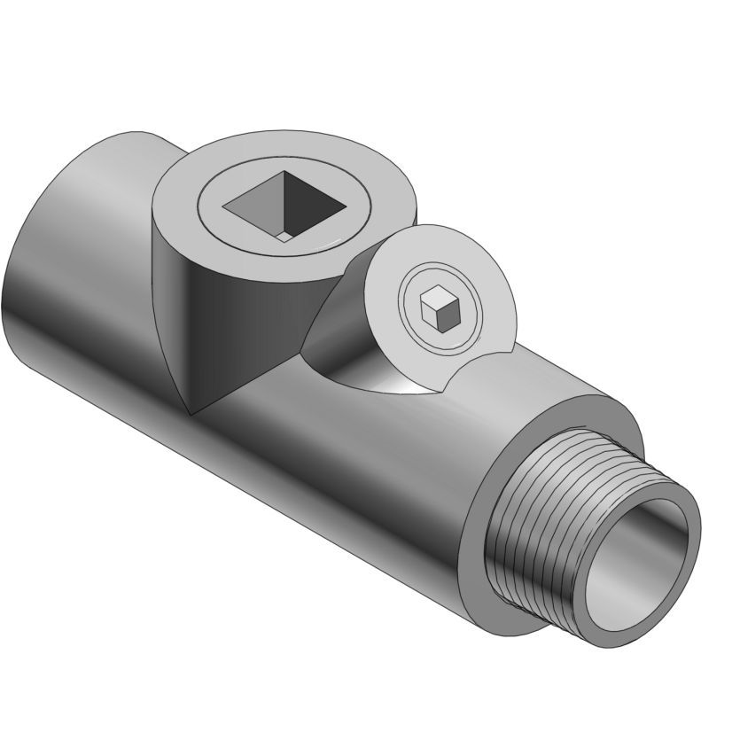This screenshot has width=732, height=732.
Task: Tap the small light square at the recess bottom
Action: (x=282, y=237)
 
